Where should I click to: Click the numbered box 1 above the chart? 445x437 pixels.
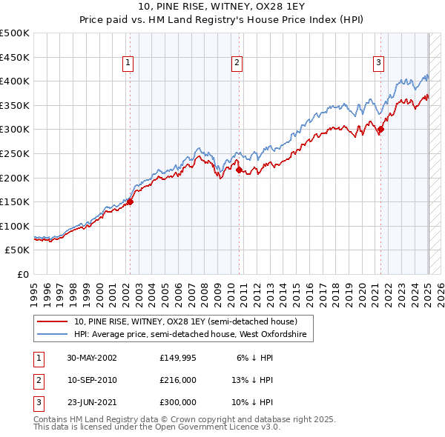(x=128, y=64)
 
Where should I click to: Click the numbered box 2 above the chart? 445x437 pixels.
(x=237, y=64)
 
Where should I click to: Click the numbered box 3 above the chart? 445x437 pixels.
(x=378, y=64)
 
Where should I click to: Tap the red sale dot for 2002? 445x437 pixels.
(x=130, y=201)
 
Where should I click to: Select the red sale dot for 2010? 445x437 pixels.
(x=239, y=170)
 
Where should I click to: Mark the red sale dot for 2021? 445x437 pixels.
(x=380, y=130)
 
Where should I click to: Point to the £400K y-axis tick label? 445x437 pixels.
(x=15, y=81)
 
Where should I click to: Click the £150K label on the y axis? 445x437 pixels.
(x=15, y=201)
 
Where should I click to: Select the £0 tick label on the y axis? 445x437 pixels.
(x=22, y=274)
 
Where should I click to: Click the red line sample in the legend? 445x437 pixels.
(x=53, y=322)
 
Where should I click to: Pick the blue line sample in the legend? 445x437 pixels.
(x=53, y=335)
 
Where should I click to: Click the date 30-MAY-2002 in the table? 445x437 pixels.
(x=92, y=358)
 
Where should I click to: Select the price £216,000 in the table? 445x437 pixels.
(x=177, y=380)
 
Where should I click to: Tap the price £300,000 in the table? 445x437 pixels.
(x=177, y=402)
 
